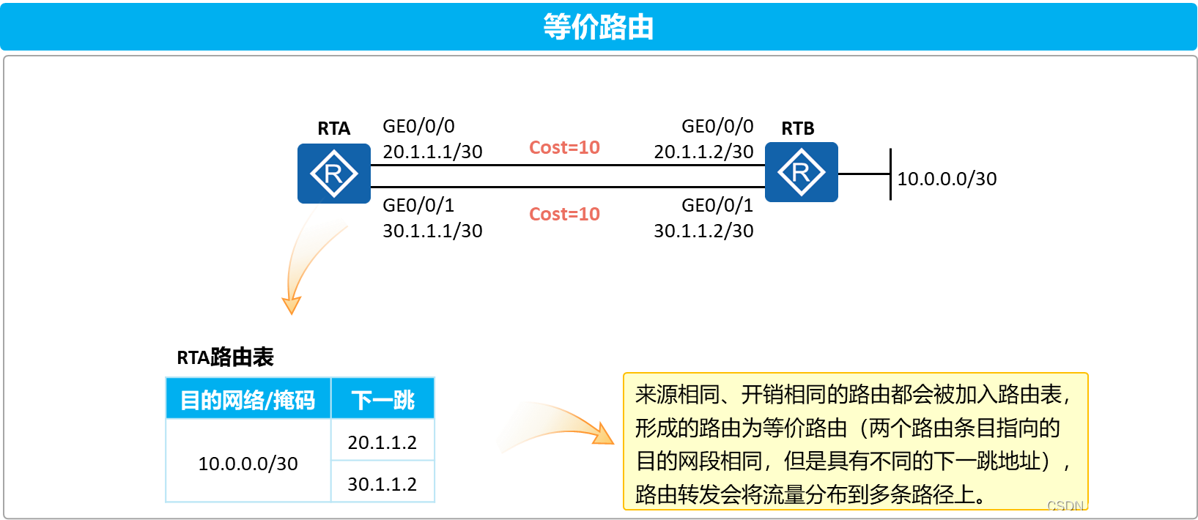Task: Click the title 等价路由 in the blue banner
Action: tap(598, 27)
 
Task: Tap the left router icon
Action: tap(333, 174)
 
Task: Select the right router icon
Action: tap(801, 172)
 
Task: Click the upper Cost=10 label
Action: tap(564, 147)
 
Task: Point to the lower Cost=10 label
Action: tap(564, 214)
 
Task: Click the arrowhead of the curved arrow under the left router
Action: tap(292, 305)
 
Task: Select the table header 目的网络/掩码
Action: tap(248, 400)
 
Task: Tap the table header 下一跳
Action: tap(382, 400)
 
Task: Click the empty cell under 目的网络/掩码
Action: tap(248, 460)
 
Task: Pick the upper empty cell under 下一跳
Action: tap(382, 439)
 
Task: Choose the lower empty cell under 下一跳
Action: tap(382, 481)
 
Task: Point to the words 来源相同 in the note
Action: tap(677, 395)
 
